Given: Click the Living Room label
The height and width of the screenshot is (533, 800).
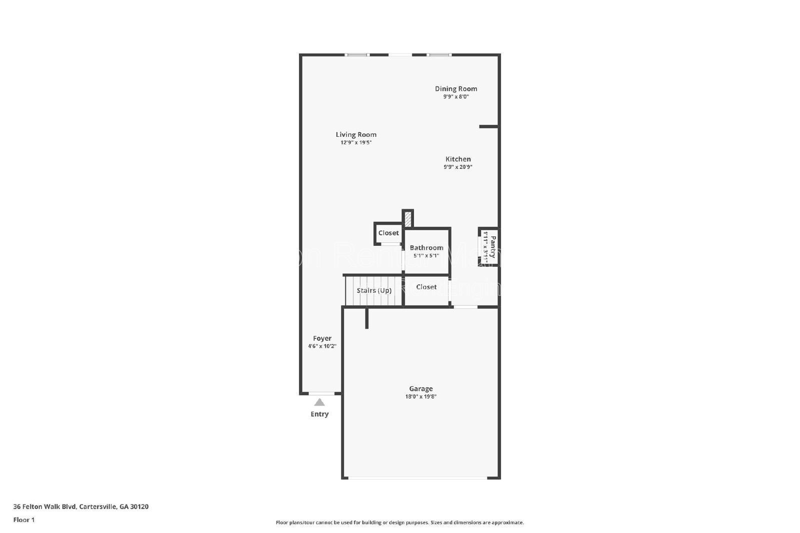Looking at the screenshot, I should coord(356,134).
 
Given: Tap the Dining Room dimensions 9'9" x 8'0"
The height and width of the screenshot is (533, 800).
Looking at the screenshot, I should coord(455,97).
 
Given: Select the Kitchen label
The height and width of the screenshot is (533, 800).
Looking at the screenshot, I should coord(458,159).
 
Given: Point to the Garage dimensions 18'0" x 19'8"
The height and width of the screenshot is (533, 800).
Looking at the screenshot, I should coord(420,397).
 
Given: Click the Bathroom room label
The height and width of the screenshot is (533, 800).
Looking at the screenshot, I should coord(426,247).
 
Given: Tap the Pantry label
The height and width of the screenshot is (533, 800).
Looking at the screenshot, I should coord(493,247).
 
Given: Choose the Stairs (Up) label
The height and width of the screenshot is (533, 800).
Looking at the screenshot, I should coord(374,290).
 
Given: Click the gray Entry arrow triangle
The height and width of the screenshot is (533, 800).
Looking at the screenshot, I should coord(319,402).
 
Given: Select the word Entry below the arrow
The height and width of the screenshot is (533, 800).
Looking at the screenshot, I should coord(319,414).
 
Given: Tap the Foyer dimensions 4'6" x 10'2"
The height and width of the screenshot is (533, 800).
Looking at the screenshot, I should coord(322,346).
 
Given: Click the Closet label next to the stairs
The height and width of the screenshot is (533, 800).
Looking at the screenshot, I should coord(426,287).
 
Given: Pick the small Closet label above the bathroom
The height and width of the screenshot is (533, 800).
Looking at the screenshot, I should coord(388,233).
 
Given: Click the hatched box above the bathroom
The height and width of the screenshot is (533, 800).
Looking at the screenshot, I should coord(408,219).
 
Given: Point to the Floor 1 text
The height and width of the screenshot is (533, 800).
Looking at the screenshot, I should coord(24,520).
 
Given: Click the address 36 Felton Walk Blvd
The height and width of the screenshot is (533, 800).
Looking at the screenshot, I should coord(80,507).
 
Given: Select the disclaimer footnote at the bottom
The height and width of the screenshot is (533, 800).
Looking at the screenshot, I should coord(399,523).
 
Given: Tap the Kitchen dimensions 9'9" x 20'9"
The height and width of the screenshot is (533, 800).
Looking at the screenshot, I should coord(458,167).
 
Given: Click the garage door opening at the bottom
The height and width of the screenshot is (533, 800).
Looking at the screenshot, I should coord(417,478).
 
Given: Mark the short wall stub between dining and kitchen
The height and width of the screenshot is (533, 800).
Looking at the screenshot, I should coord(488,127).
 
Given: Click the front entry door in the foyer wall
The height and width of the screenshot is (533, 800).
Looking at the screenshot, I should coord(321,394).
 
